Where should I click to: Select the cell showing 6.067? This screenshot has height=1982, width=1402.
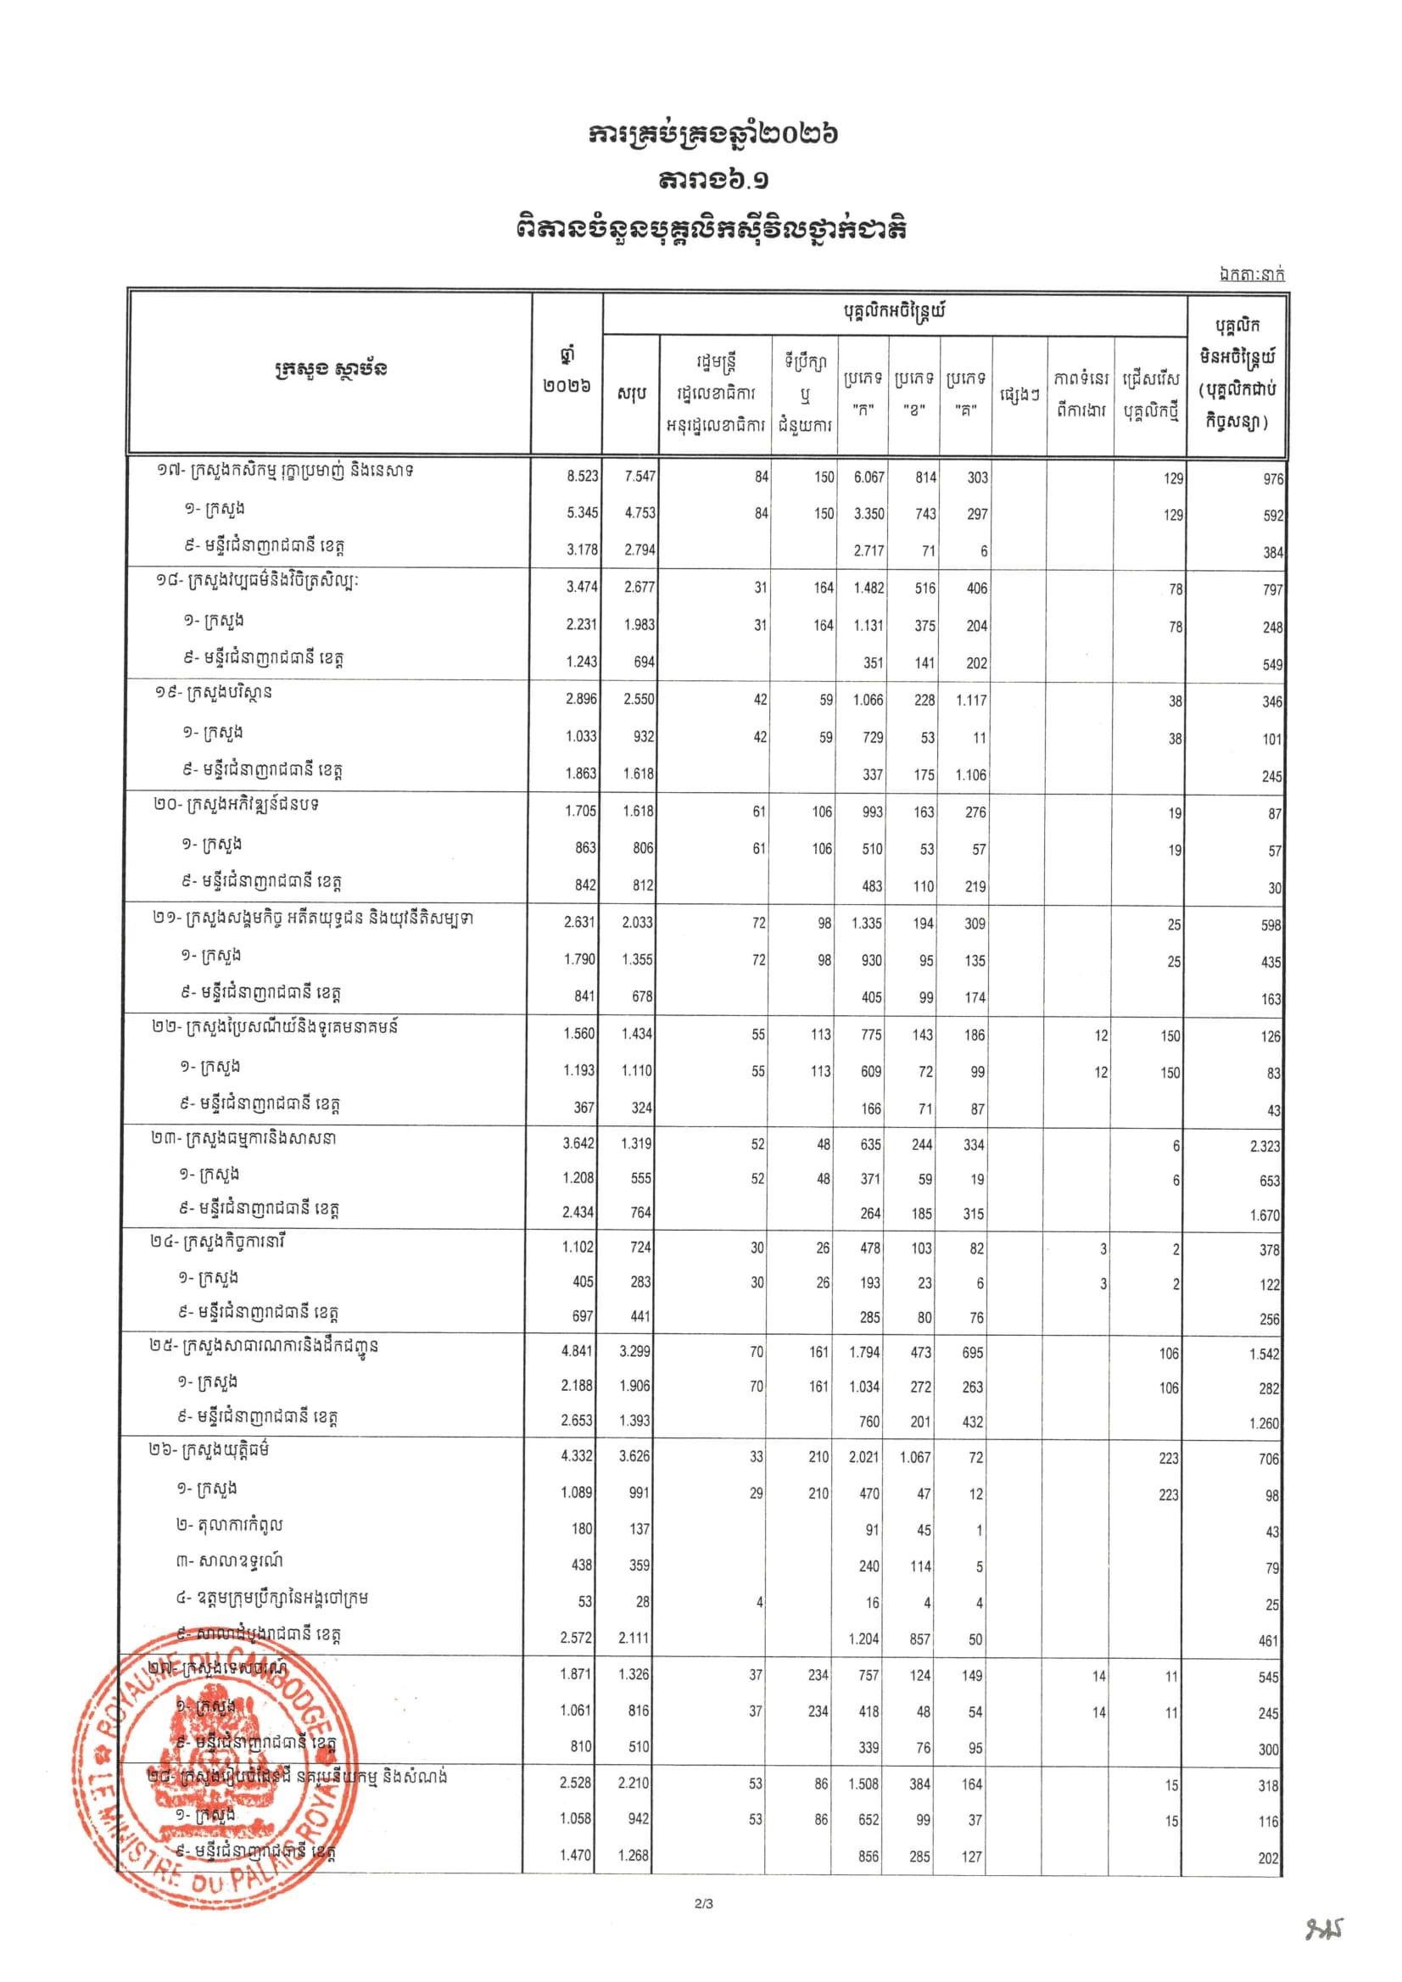868,477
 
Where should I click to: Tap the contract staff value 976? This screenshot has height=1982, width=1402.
1272,479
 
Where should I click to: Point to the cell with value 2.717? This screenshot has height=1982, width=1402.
868,550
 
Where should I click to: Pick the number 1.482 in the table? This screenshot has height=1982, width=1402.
868,588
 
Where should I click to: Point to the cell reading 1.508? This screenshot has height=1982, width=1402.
864,1784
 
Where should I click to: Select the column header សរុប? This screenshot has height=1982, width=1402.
632,394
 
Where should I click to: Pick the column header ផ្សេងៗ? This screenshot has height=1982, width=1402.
1019,394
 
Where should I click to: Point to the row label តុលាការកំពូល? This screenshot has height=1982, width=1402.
229,1526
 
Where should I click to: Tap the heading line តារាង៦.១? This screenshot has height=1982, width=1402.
700,181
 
